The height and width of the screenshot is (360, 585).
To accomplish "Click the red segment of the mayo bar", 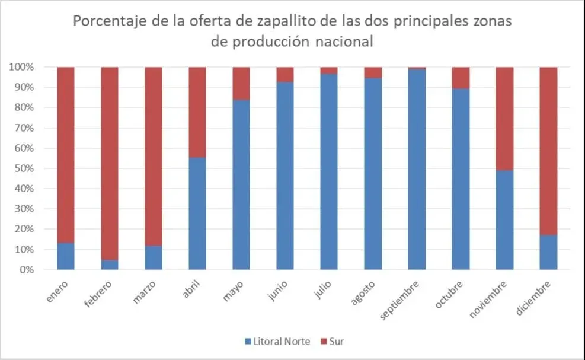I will pyautogui.click(x=241, y=83).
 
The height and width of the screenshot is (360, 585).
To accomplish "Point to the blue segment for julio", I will pyautogui.click(x=329, y=172).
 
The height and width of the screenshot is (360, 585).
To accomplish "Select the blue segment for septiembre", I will pyautogui.click(x=417, y=170).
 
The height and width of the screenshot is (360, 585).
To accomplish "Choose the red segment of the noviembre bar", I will pyautogui.click(x=504, y=119).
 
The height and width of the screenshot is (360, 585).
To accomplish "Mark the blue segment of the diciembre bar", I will pyautogui.click(x=548, y=253).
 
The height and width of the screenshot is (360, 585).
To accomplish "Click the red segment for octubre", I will pyautogui.click(x=461, y=78).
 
